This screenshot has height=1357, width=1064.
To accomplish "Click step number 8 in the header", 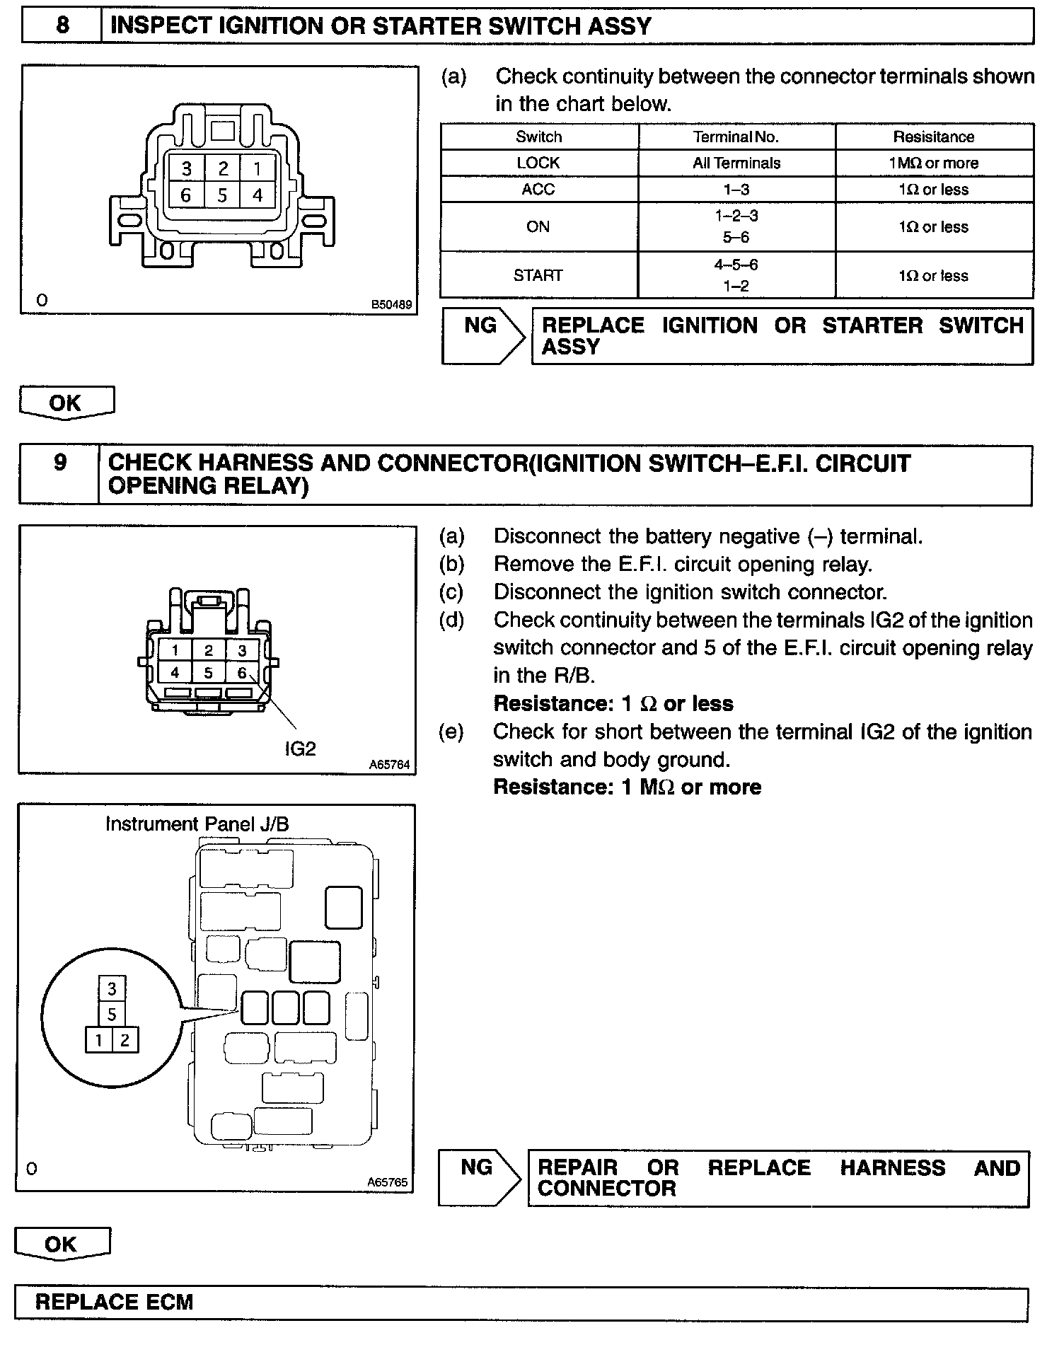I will [x=62, y=26].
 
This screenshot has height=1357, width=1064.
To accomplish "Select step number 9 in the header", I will [x=60, y=463].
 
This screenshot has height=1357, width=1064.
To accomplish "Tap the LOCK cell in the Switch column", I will [x=538, y=163].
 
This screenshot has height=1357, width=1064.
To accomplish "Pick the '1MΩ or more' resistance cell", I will [x=934, y=163].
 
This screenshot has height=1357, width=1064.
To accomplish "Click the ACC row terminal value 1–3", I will [x=736, y=190].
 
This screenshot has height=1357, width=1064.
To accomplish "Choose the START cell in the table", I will [x=538, y=275].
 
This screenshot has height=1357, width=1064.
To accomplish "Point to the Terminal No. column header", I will [x=736, y=137].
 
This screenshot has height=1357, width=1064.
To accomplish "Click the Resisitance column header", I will [x=934, y=137].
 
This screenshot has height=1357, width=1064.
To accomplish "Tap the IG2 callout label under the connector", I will [x=300, y=749].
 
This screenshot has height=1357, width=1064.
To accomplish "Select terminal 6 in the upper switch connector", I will [x=185, y=195].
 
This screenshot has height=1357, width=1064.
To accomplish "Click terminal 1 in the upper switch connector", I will [x=258, y=168].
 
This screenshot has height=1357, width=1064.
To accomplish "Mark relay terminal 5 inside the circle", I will [x=112, y=1015].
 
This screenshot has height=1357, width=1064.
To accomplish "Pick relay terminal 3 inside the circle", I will [x=112, y=988].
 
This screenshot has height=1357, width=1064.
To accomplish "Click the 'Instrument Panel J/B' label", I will [x=197, y=824].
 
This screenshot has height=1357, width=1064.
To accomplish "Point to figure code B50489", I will [x=391, y=305].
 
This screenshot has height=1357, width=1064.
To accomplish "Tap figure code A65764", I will [x=389, y=764].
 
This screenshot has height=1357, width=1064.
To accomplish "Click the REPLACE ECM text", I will [x=114, y=1302].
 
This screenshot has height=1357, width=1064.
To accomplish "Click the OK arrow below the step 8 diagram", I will [x=66, y=403].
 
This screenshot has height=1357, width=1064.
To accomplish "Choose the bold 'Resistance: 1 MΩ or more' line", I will [x=627, y=787].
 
